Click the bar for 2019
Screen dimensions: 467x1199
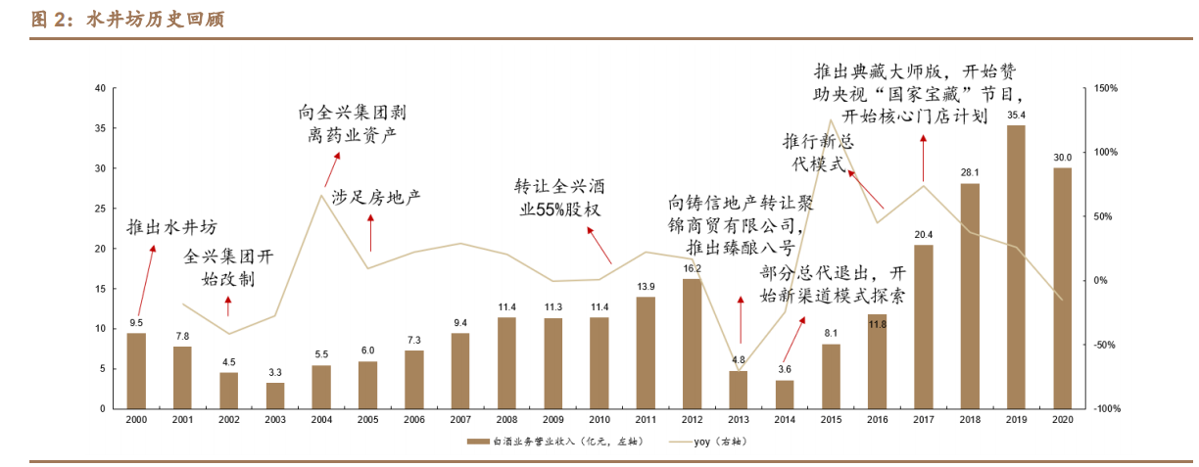1016,266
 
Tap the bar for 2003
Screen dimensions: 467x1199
275,395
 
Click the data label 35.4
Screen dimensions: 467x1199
1016,116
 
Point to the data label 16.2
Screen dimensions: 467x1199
693,268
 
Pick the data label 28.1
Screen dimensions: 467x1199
970,174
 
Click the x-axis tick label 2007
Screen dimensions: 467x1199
460,419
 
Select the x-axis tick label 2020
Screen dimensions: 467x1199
1062,419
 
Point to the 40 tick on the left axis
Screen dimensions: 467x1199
100,88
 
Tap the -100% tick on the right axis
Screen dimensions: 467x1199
1107,408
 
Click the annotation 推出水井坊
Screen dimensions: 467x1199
171,228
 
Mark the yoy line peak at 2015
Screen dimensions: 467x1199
831,120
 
